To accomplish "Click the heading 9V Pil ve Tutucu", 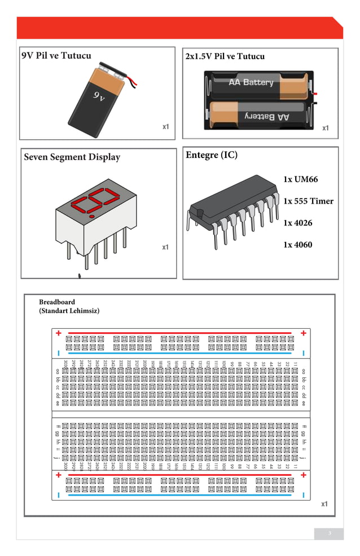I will click(x=56, y=56).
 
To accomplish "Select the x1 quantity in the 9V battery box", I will click(x=166, y=127).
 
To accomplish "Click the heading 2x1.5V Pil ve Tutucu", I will click(x=225, y=56).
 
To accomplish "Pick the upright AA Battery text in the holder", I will click(x=251, y=82).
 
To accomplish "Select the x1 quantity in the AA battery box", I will click(x=326, y=128).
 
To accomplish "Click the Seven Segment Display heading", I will click(x=72, y=157).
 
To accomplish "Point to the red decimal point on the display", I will click(x=91, y=216).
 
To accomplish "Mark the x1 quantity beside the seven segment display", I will click(x=165, y=247).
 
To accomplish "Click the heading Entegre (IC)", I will click(x=212, y=156).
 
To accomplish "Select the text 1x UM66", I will click(x=301, y=180).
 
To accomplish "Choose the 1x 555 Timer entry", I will click(x=308, y=201).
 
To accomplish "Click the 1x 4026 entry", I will click(x=297, y=223).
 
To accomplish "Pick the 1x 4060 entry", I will click(x=297, y=245).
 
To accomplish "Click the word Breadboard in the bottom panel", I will click(x=56, y=302).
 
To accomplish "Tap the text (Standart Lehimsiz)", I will click(x=69, y=311).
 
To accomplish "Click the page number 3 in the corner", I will click(x=329, y=533).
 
